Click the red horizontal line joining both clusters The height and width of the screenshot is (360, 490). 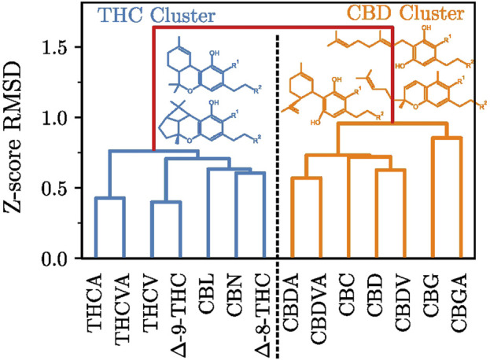(x=272, y=28)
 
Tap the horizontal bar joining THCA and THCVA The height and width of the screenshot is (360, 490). (x=109, y=198)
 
